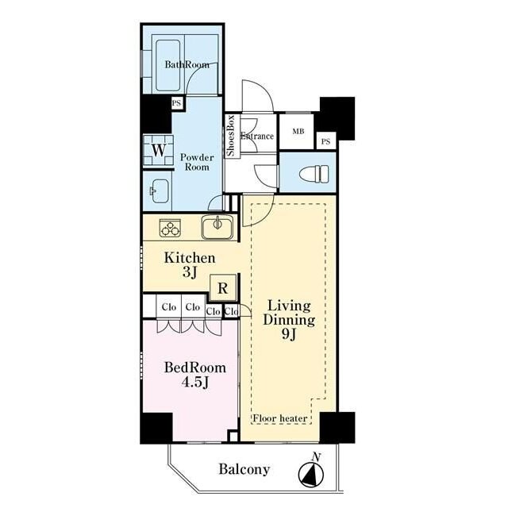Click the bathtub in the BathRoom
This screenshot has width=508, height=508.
[x=167, y=65]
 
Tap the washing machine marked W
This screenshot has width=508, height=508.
[x=159, y=150]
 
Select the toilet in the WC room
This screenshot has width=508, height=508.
[x=314, y=173]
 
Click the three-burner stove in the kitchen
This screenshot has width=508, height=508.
[x=170, y=228]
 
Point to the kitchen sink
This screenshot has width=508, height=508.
[x=217, y=227]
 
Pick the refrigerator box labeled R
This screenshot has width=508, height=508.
[x=223, y=288]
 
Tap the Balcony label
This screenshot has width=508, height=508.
[x=244, y=469]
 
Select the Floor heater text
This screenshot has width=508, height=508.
[x=280, y=418]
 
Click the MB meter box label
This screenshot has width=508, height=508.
[x=298, y=131]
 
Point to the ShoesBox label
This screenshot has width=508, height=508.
[x=231, y=136]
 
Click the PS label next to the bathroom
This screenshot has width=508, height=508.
[x=176, y=103]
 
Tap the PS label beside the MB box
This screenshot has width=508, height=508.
[x=326, y=141]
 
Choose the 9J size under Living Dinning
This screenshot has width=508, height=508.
[x=289, y=333]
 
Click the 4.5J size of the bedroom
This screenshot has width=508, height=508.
[x=194, y=383]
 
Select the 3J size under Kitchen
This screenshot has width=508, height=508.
[x=190, y=272]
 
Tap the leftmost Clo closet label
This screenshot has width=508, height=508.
[x=169, y=306]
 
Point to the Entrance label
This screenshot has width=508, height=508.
[x=257, y=136]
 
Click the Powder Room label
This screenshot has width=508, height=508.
[x=197, y=162]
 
